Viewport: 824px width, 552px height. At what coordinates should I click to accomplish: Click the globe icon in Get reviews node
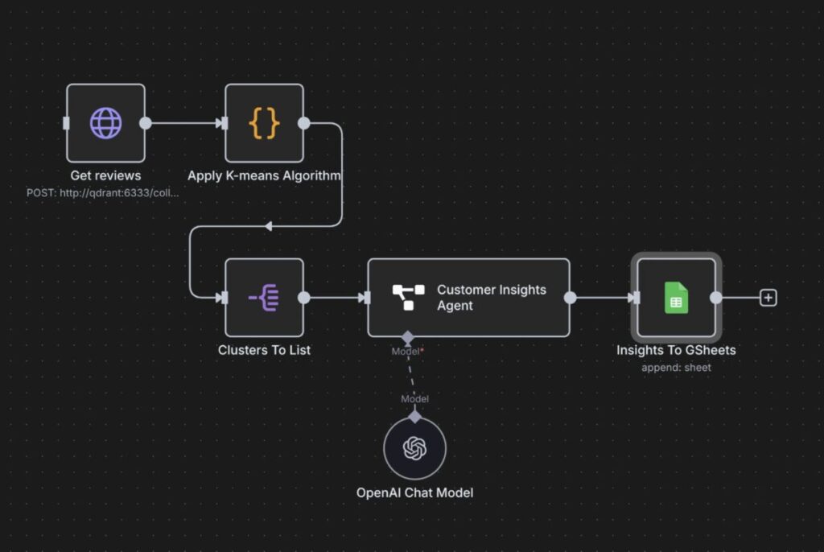coord(105,123)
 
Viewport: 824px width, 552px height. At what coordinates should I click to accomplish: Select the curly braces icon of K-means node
coord(264,123)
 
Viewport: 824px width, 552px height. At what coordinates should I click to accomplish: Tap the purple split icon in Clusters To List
coord(264,297)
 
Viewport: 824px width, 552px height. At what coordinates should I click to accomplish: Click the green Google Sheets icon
coord(676,297)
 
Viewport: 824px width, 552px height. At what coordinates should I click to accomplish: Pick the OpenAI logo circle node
coord(414,448)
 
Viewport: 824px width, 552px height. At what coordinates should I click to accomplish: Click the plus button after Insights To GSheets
coord(768,298)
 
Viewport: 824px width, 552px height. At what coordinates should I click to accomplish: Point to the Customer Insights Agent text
coord(491,298)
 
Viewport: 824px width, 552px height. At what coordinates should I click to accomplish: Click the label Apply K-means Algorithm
coord(264,175)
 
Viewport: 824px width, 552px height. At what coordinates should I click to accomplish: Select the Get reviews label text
coord(105,175)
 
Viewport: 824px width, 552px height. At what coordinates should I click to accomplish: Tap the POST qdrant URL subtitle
coord(103,192)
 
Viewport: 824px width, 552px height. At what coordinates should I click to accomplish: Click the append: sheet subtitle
coord(676,367)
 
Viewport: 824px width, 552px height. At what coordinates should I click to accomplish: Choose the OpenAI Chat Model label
coord(414,492)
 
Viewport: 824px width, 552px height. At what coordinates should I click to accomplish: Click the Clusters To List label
coord(264,350)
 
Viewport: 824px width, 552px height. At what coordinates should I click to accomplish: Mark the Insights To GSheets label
coord(676,350)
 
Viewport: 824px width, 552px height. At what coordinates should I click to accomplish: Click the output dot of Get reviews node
coord(145,123)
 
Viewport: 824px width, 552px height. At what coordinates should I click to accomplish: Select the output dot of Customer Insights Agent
coord(570,298)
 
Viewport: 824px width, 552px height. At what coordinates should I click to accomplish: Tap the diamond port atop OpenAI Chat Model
coord(414,417)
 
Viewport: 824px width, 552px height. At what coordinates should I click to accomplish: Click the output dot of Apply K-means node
coord(303,123)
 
